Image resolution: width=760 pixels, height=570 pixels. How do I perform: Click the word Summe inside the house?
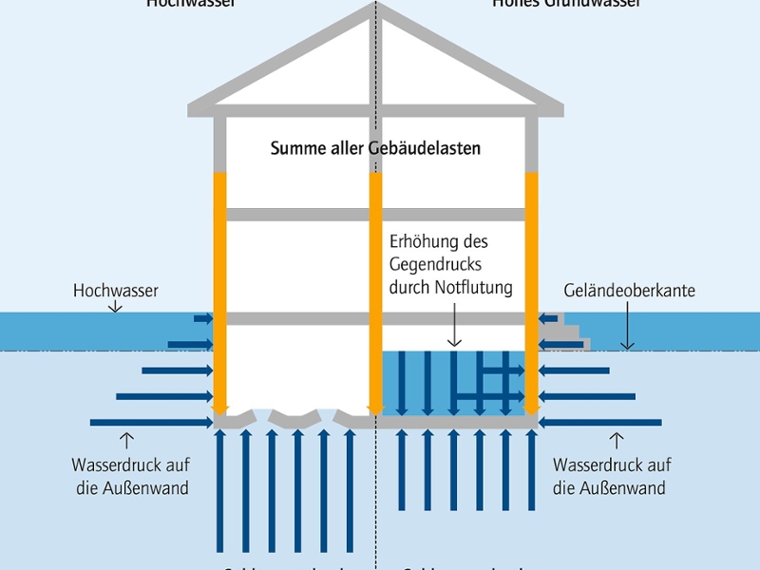coord(294,148)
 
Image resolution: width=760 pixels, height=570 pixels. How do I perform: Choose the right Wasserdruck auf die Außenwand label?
coord(611,477)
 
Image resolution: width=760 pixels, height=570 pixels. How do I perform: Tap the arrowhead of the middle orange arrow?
coord(375,408)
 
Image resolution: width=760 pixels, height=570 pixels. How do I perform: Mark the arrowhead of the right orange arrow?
coord(531,408)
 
